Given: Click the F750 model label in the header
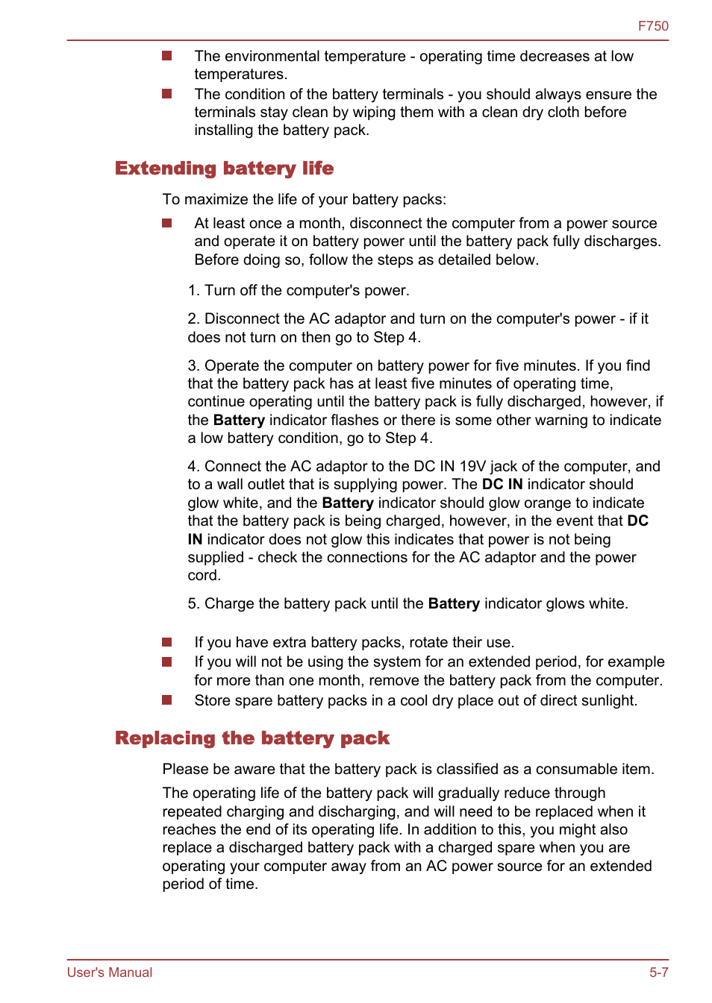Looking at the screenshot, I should [x=652, y=26].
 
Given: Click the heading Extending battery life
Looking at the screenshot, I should [x=224, y=169].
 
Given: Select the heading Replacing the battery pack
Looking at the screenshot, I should [x=252, y=738].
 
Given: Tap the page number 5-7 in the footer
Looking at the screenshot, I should [x=658, y=972].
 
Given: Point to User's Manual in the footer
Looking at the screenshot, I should [x=110, y=972].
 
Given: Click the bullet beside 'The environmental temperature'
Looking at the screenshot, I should [x=167, y=56].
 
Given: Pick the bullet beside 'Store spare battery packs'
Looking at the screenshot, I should [x=167, y=700].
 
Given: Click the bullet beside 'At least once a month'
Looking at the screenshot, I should [x=167, y=223].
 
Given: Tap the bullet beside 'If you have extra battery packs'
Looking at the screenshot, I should [x=167, y=642].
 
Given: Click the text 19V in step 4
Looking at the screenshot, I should [x=473, y=467].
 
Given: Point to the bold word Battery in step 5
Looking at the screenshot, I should [x=454, y=604].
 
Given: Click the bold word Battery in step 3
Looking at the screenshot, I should [x=239, y=421].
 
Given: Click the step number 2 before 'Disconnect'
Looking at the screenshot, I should [x=193, y=319].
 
